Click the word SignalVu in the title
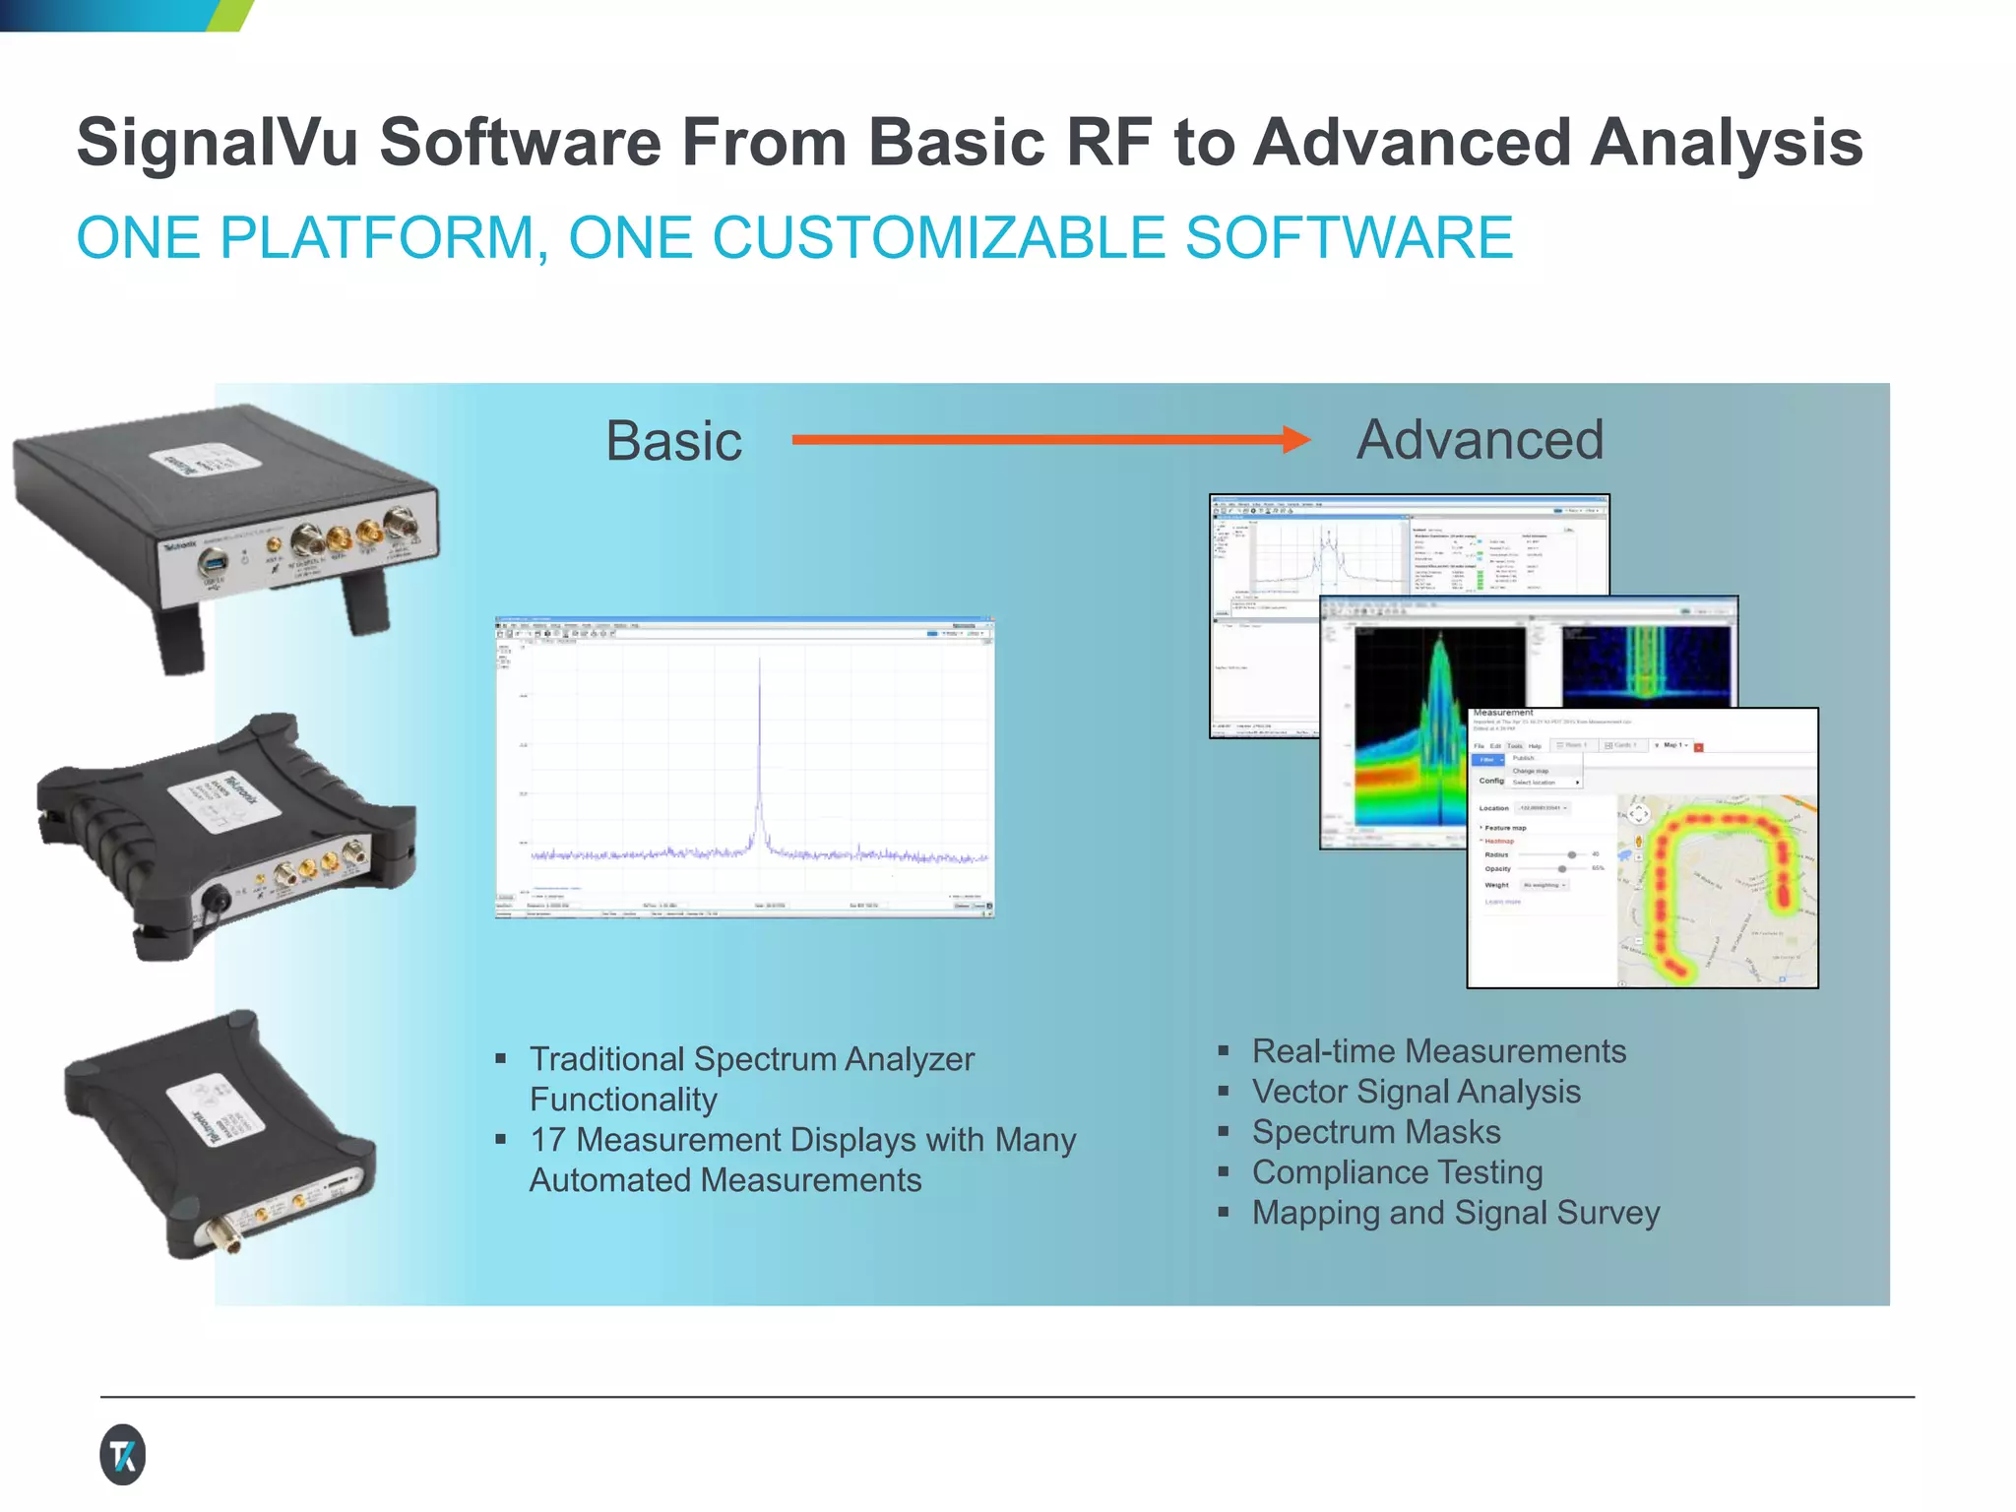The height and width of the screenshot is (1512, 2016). (218, 144)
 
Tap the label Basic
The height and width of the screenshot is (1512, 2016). (673, 441)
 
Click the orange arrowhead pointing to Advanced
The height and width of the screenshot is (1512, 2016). (1296, 439)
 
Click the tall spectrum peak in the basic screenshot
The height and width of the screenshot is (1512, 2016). (759, 748)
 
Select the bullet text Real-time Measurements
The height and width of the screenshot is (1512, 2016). (1438, 1051)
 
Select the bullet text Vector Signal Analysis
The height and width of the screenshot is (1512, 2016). (1416, 1092)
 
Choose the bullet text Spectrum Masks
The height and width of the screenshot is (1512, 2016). (1375, 1132)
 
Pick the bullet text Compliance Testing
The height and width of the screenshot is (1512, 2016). (1397, 1172)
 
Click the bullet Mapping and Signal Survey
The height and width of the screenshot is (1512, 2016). (1455, 1213)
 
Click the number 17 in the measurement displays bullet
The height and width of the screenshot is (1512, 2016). (547, 1140)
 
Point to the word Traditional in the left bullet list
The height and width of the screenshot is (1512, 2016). (606, 1059)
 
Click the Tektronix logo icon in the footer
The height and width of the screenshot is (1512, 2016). (123, 1454)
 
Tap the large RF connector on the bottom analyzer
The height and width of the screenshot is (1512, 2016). (227, 1236)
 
